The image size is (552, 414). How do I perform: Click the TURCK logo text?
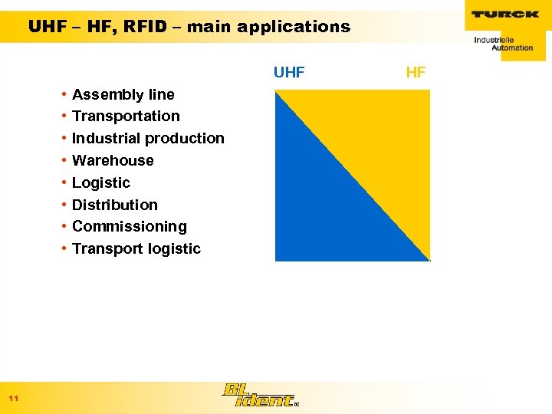coord(505,14)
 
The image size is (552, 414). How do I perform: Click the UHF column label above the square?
coord(289,73)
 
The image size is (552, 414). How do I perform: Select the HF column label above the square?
coord(416,73)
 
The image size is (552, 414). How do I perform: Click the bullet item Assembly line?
coord(123,94)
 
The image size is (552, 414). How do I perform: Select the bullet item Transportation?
coord(126,117)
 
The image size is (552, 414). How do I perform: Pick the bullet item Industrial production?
coord(148,139)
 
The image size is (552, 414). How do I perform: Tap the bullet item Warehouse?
coord(113,161)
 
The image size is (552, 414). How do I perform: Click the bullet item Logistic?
coord(101,182)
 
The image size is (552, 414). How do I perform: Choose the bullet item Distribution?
coord(114,205)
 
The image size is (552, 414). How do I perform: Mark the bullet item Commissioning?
coord(129,227)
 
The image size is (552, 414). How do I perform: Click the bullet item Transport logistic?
coord(136,249)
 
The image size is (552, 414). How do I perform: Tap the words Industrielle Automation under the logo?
coord(503,44)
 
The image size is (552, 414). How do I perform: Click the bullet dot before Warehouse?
coord(61,161)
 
